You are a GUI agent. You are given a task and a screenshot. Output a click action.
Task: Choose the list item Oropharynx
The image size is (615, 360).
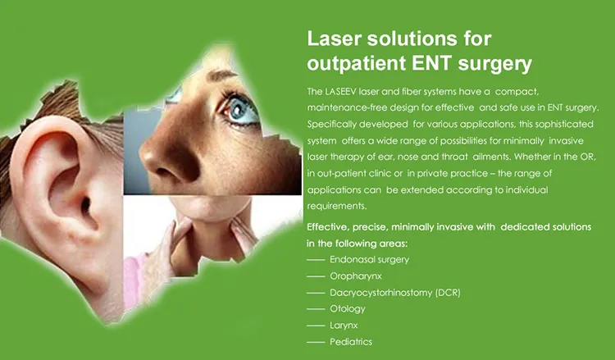(356, 276)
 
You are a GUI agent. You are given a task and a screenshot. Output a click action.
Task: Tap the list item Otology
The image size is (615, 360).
(348, 309)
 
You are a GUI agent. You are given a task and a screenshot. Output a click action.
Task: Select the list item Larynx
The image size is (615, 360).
(344, 326)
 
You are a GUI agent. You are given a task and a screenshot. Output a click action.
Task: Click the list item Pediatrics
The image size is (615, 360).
(352, 343)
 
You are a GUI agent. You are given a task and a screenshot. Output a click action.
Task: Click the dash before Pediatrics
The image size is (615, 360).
(315, 343)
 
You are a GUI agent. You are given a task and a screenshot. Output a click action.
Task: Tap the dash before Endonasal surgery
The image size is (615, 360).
(315, 259)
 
